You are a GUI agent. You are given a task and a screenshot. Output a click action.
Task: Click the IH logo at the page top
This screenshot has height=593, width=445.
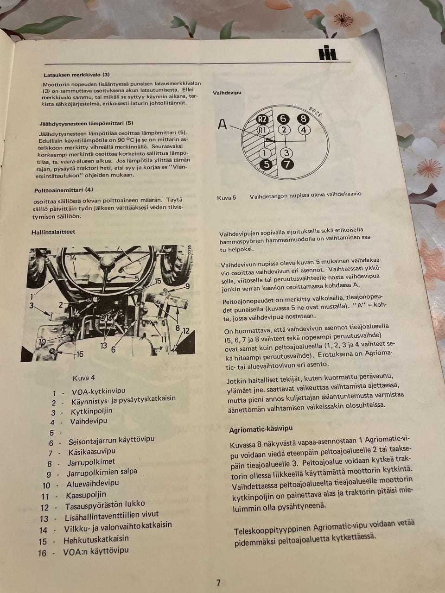pyautogui.click(x=328, y=53)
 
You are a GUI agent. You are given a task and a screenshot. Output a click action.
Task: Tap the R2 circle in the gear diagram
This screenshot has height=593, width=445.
pyautogui.click(x=262, y=120)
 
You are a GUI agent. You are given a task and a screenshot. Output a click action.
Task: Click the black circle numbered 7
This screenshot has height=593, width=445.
pyautogui.click(x=287, y=164)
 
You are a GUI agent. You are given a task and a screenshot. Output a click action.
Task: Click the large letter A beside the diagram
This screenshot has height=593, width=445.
pyautogui.click(x=222, y=125)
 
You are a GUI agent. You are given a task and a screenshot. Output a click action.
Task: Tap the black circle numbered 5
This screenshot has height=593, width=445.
pyautogui.click(x=267, y=164)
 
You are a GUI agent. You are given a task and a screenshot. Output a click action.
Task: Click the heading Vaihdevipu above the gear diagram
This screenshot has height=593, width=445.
pyautogui.click(x=227, y=93)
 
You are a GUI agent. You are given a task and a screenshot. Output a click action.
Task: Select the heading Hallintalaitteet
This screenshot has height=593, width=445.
pyautogui.click(x=53, y=232)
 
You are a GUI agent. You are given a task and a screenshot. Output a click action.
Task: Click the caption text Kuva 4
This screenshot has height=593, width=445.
pyautogui.click(x=84, y=378)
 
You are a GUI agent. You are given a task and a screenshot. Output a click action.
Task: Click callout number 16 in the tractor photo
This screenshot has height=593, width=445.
pyautogui.click(x=80, y=353)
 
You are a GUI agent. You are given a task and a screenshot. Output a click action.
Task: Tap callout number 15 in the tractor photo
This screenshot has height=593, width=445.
pyautogui.click(x=158, y=281)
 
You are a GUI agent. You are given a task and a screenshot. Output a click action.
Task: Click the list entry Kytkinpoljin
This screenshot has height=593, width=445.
pyautogui.click(x=91, y=411)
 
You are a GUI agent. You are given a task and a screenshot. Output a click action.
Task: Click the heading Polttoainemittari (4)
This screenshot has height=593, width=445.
pyautogui.click(x=64, y=190)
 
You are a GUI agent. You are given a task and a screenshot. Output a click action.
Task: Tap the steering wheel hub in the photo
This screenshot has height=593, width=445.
pyautogui.click(x=107, y=261)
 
